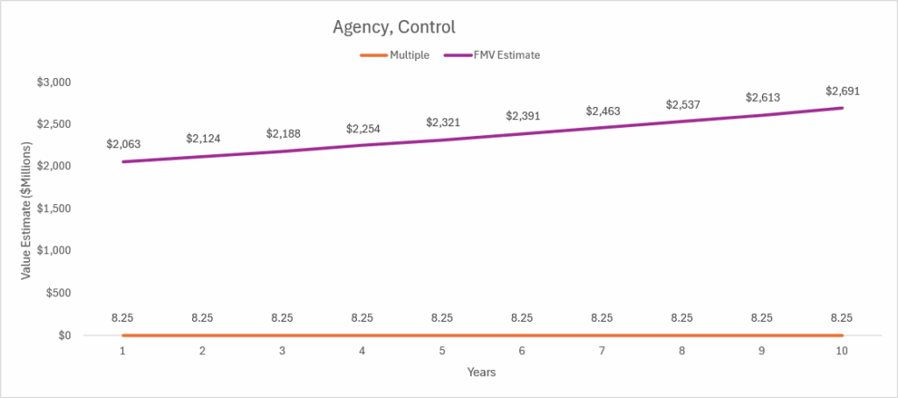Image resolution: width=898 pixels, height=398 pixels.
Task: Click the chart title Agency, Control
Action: click(394, 27)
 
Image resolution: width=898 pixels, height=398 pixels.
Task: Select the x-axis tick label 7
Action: click(602, 351)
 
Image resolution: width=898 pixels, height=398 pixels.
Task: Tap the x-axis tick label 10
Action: click(842, 351)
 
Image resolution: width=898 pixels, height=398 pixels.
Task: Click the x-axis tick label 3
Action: click(282, 351)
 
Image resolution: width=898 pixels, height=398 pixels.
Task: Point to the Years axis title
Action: click(481, 373)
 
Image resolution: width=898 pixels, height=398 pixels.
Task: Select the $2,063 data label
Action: click(123, 143)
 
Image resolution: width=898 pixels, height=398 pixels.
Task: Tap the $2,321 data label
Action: click(442, 122)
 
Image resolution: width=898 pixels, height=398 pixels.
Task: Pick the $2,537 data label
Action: click(682, 104)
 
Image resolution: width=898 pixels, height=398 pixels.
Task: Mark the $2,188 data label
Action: click(282, 133)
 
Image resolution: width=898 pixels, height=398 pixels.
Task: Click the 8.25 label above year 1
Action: click(123, 318)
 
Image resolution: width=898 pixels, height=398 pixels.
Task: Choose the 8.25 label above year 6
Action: click(522, 318)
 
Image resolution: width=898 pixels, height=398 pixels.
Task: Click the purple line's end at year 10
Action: click(842, 108)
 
